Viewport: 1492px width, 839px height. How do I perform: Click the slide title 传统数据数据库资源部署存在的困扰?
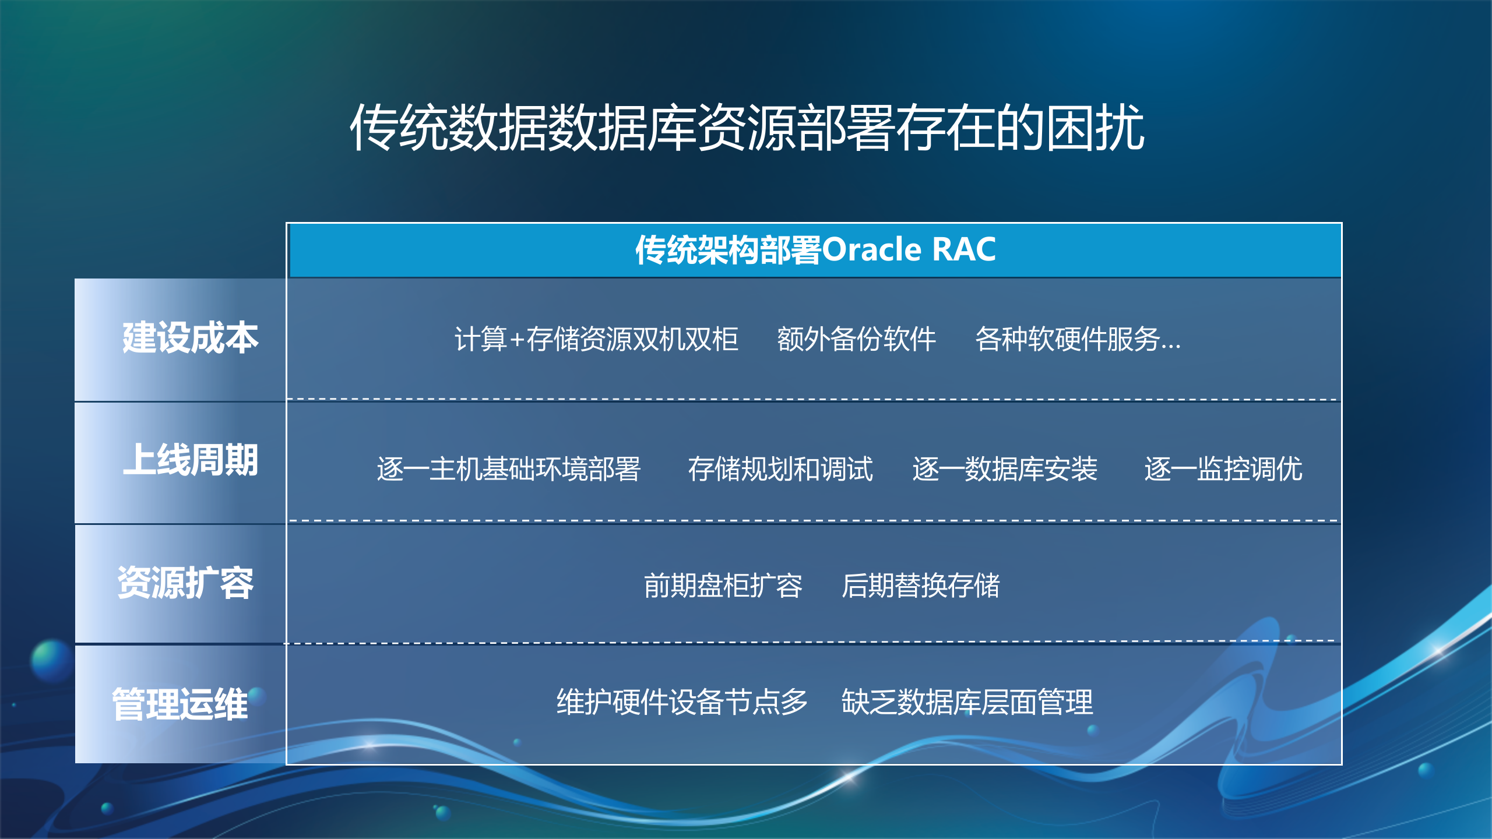tap(747, 128)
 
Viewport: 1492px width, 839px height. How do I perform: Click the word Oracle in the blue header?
tap(872, 250)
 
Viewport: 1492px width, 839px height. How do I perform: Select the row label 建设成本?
tap(190, 338)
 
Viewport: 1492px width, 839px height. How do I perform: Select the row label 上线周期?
tap(190, 460)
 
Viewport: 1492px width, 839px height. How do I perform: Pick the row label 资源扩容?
tap(185, 583)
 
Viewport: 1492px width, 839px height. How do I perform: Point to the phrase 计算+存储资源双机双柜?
tap(596, 339)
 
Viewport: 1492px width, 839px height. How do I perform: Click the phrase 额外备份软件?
tap(856, 339)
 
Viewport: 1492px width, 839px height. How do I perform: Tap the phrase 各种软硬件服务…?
tap(1078, 339)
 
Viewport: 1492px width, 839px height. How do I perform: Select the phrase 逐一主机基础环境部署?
tap(508, 469)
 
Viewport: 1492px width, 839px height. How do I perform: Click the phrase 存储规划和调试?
tap(780, 469)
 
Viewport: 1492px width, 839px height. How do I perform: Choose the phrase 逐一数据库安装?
tap(1004, 469)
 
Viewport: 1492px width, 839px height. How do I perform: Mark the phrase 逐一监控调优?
tap(1223, 469)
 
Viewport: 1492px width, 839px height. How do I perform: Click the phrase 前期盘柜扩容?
tap(723, 586)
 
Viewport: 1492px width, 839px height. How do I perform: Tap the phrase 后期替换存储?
tap(920, 586)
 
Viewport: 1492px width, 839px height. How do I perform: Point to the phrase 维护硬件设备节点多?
tap(681, 702)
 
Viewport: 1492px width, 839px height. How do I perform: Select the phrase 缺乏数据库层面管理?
tap(967, 702)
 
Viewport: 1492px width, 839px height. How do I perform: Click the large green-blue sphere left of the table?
tap(52, 660)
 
